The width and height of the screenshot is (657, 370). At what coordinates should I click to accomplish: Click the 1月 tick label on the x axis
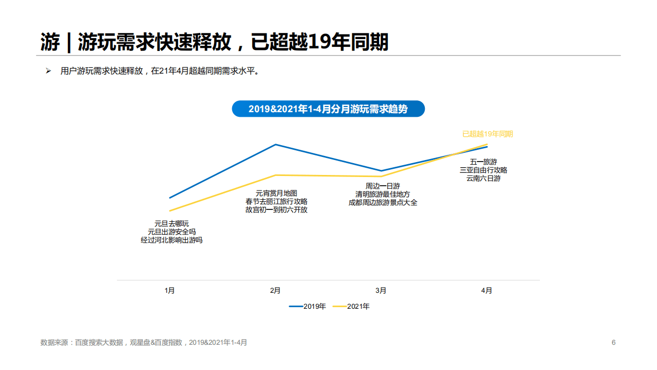pyautogui.click(x=170, y=291)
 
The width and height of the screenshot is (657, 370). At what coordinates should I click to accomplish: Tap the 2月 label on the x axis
pyautogui.click(x=275, y=291)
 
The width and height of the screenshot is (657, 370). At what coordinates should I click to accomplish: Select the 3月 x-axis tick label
pyautogui.click(x=381, y=291)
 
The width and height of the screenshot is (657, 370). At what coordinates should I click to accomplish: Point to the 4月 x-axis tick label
pyautogui.click(x=486, y=291)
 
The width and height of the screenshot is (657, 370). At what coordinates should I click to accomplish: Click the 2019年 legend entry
pyautogui.click(x=308, y=306)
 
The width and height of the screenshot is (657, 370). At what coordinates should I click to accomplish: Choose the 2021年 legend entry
pyautogui.click(x=351, y=306)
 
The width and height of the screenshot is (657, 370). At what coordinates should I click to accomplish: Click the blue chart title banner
pyautogui.click(x=328, y=109)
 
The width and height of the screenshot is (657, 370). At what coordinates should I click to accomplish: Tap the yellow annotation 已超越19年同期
pyautogui.click(x=487, y=134)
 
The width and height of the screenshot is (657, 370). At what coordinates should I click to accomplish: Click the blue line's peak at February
pyautogui.click(x=276, y=145)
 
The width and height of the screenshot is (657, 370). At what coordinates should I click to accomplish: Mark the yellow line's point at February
pyautogui.click(x=276, y=175)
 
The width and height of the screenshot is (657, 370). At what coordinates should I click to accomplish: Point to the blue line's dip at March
pyautogui.click(x=381, y=171)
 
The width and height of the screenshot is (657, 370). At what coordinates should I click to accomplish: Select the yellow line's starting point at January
pyautogui.click(x=170, y=210)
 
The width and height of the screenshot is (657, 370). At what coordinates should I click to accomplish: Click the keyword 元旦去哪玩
pyautogui.click(x=172, y=223)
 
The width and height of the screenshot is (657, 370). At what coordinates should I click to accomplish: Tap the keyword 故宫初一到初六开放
pyautogui.click(x=276, y=210)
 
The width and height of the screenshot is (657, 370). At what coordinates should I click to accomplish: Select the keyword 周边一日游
pyautogui.click(x=383, y=186)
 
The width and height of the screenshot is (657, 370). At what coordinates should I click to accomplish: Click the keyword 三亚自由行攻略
pyautogui.click(x=483, y=170)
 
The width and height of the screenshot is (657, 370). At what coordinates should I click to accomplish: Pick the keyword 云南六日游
pyautogui.click(x=483, y=179)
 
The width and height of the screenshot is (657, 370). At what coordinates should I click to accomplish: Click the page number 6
pyautogui.click(x=613, y=342)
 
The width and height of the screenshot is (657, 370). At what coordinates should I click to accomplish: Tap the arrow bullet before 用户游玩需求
pyautogui.click(x=48, y=71)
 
